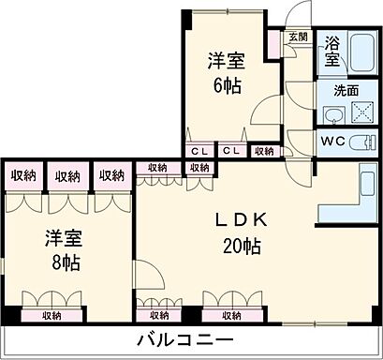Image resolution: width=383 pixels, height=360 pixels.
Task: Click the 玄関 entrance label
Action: pos(297,37)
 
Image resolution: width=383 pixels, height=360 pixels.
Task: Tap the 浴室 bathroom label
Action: pos(332,51)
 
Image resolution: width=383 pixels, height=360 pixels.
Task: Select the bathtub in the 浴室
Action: pos(361,51)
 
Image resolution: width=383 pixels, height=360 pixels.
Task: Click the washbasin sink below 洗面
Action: pos(332,113)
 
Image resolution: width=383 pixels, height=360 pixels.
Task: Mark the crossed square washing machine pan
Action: pos(361,113)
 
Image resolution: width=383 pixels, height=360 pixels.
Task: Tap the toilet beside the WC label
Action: pos(365,143)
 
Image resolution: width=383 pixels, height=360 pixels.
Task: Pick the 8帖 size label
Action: pos(66,263)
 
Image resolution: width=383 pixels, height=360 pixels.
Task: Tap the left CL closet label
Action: pos(199,150)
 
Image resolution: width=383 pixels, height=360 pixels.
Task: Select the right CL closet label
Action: pos(232,150)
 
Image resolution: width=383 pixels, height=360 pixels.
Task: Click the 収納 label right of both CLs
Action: pos(264,150)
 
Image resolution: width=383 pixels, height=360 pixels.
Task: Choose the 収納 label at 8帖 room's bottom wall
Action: pos(52,316)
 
